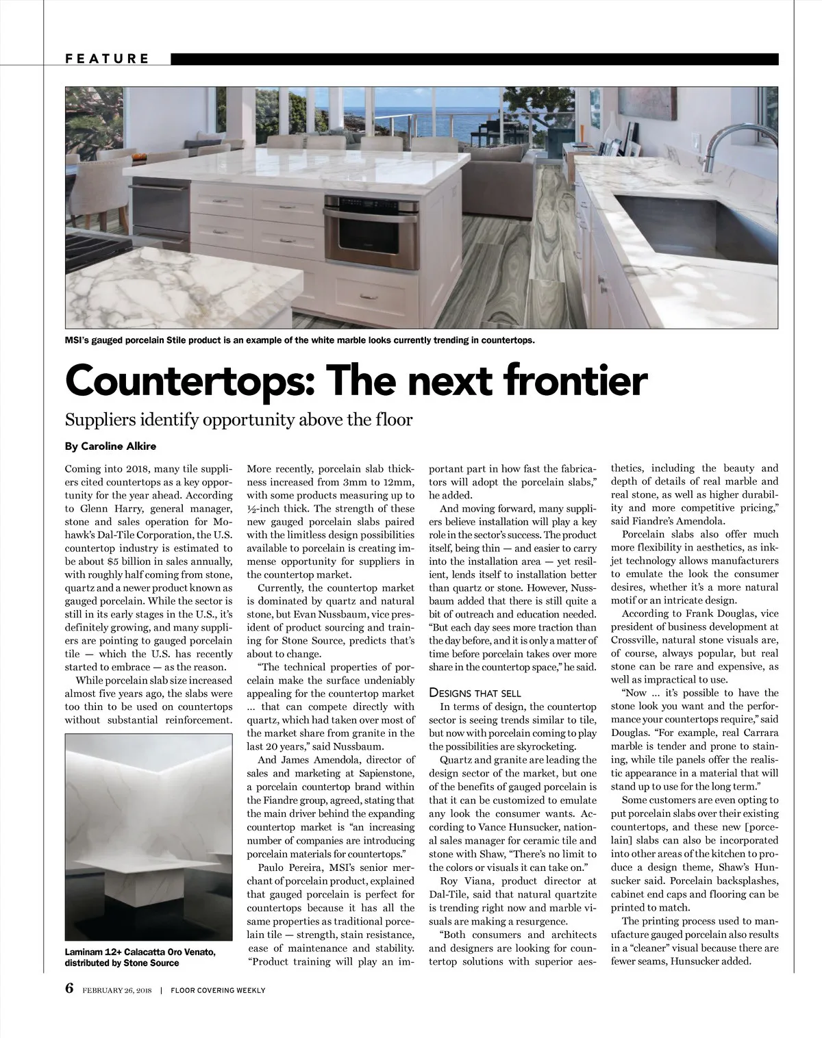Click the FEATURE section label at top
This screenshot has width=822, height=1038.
pos(107,59)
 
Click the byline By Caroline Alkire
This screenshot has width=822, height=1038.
pos(110,446)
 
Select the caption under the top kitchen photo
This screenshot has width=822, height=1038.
pos(299,340)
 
